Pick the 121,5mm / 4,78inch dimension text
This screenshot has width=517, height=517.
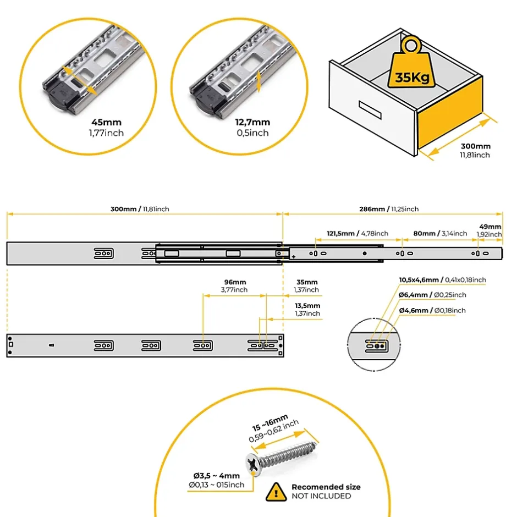[358, 233]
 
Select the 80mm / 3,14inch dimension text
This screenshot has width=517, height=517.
[440, 233]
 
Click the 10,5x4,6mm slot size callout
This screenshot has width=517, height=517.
[442, 280]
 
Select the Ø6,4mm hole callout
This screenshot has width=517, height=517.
[432, 295]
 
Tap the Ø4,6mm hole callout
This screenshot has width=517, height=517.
[432, 310]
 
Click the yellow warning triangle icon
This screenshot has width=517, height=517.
[277, 491]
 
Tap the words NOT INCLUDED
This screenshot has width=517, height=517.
[321, 496]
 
